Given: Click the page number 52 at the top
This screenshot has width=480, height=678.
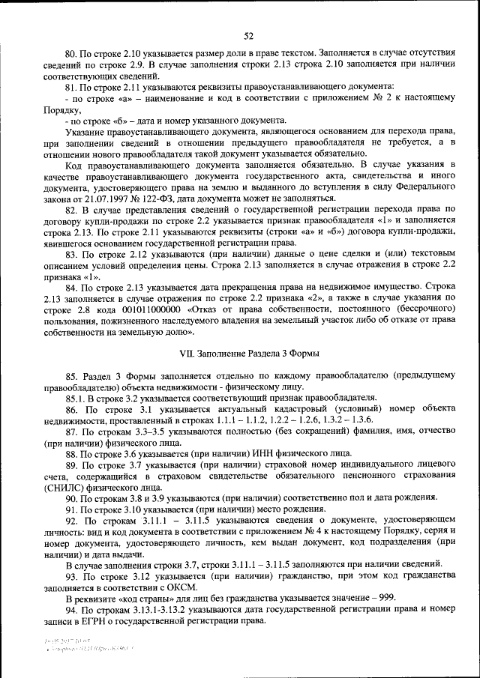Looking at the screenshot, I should (248, 35).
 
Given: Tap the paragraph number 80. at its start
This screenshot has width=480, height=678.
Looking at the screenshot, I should (73, 54).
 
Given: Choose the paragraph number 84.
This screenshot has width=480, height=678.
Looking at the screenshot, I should (73, 287).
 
